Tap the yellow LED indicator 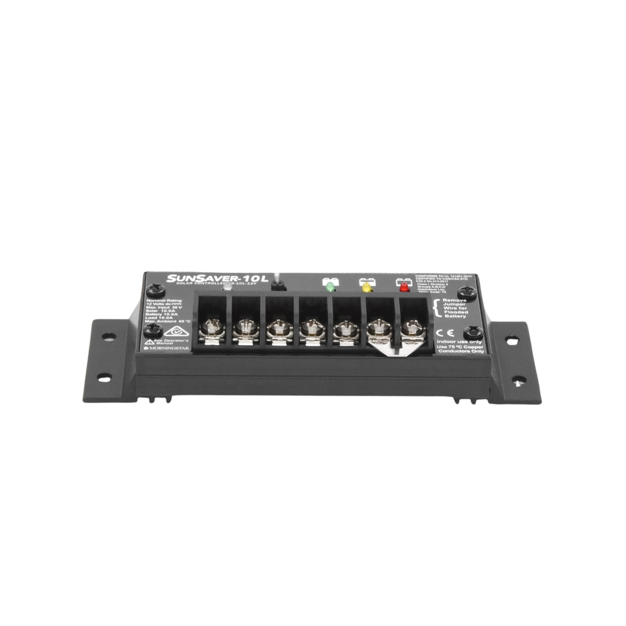364,288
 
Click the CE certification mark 440,332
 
